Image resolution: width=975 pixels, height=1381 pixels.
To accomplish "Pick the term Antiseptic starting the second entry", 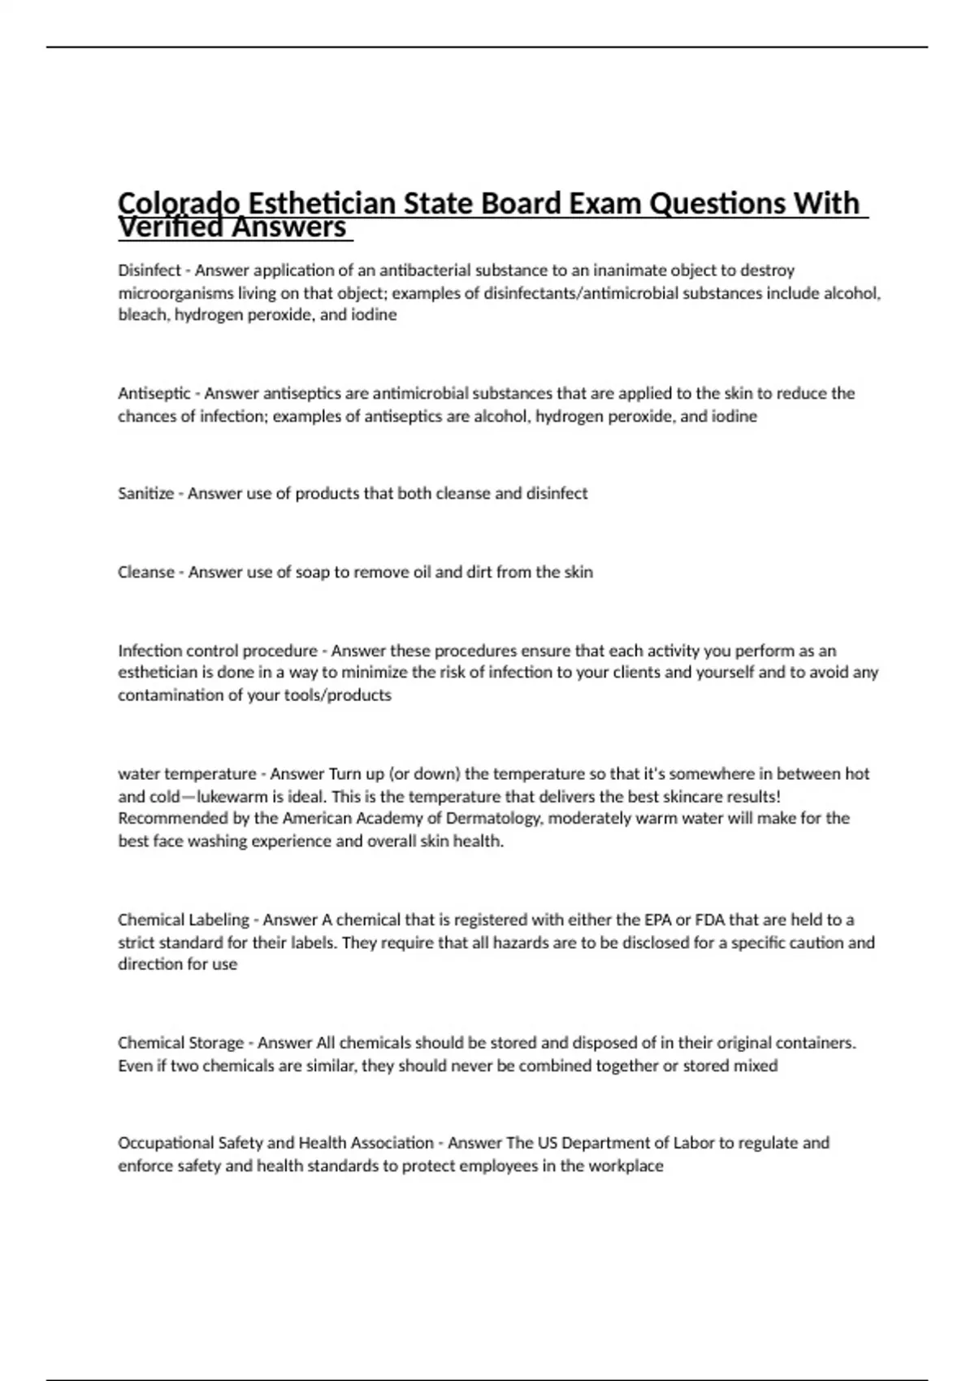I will (154, 394).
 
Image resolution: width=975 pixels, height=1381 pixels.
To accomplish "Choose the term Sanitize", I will (145, 494).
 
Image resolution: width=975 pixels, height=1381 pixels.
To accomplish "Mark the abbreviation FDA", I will (710, 920).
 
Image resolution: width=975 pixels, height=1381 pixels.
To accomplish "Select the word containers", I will (815, 1043).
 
